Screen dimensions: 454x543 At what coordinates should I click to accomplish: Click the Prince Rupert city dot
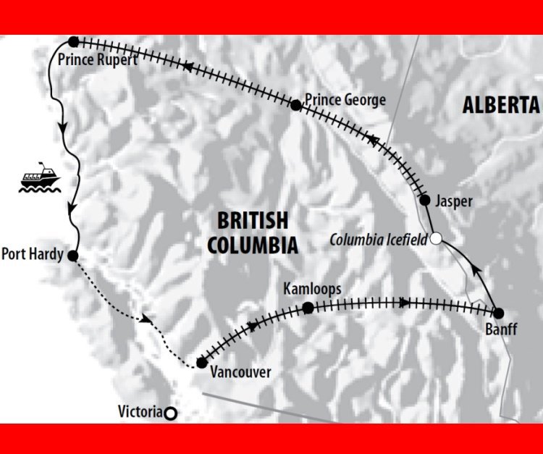[72, 42]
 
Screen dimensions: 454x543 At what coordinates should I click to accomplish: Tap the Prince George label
[345, 100]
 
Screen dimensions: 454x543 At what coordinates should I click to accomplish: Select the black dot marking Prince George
[295, 106]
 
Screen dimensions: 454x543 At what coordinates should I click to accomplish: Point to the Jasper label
[453, 202]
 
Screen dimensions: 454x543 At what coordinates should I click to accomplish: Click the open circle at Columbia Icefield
[436, 237]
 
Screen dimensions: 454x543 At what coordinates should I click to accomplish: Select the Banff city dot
[498, 313]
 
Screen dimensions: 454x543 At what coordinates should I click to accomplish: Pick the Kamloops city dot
[308, 308]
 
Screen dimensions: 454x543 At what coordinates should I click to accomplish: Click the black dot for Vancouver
[201, 363]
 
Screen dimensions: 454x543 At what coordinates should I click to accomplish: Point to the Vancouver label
[240, 373]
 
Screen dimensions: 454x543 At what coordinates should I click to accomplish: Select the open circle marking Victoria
[170, 413]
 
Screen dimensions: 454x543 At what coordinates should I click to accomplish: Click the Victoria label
[140, 412]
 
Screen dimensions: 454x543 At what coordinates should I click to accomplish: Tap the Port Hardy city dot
[72, 255]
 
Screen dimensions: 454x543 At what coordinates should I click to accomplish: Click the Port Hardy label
[32, 255]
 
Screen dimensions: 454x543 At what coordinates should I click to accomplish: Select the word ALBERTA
[501, 106]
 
